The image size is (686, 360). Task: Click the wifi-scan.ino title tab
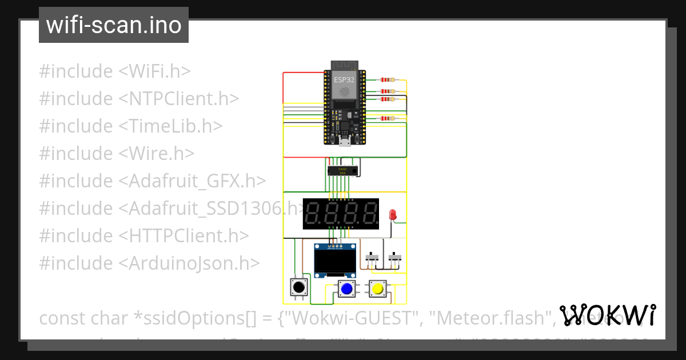(x=113, y=25)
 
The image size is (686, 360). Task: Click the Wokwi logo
(x=607, y=315)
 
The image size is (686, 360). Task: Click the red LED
(x=392, y=215)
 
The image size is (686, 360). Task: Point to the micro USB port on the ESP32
(x=345, y=141)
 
